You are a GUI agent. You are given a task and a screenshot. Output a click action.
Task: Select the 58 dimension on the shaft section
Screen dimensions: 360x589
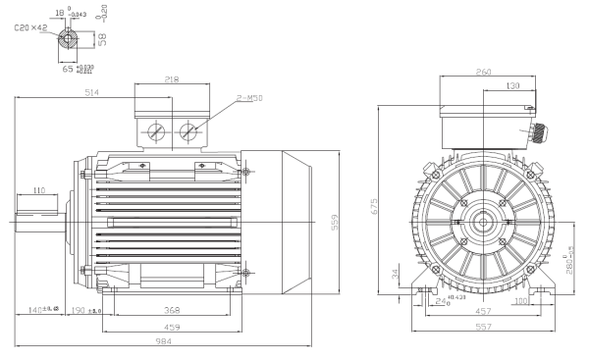point(104,39)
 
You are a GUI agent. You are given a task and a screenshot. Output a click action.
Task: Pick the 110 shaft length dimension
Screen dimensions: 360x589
point(40,190)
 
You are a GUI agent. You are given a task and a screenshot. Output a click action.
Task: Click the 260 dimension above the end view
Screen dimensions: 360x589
point(481,72)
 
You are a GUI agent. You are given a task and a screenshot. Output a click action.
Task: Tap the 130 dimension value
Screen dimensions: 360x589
point(511,85)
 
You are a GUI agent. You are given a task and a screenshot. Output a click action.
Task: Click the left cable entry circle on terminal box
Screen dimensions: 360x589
point(156,132)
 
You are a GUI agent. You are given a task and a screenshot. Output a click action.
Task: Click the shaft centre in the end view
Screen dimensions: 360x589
point(482,222)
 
